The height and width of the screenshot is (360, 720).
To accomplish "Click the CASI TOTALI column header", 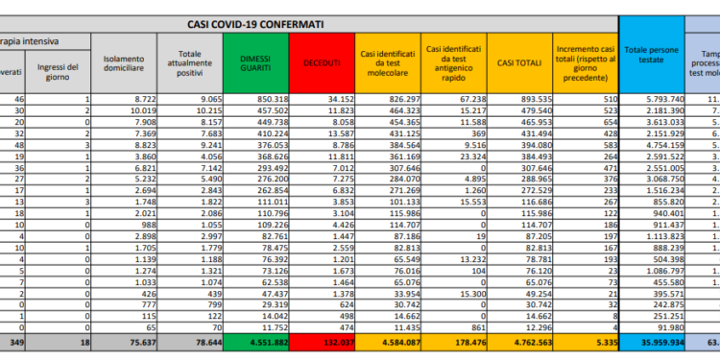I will click(517, 60).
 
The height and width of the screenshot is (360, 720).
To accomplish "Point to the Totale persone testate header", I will click(653, 60).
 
